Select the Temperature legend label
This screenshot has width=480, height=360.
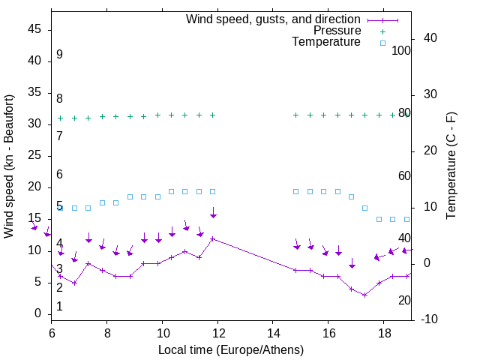[x=326, y=43]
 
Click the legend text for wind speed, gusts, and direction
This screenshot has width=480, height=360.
[x=273, y=19]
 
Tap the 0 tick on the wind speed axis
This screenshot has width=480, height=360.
[x=38, y=313]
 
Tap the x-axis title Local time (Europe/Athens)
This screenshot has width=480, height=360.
[x=231, y=349]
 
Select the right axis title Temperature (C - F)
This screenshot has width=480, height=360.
[x=451, y=166]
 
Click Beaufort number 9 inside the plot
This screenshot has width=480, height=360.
[x=59, y=55]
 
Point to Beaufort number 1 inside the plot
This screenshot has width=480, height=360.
[x=59, y=307]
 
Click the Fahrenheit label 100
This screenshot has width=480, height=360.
[x=401, y=50]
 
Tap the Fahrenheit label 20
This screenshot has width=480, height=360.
[x=404, y=301]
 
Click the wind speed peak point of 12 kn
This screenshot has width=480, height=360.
[x=213, y=238]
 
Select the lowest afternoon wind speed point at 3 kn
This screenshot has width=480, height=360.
[x=365, y=295]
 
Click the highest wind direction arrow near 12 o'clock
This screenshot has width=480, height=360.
[x=213, y=213]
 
